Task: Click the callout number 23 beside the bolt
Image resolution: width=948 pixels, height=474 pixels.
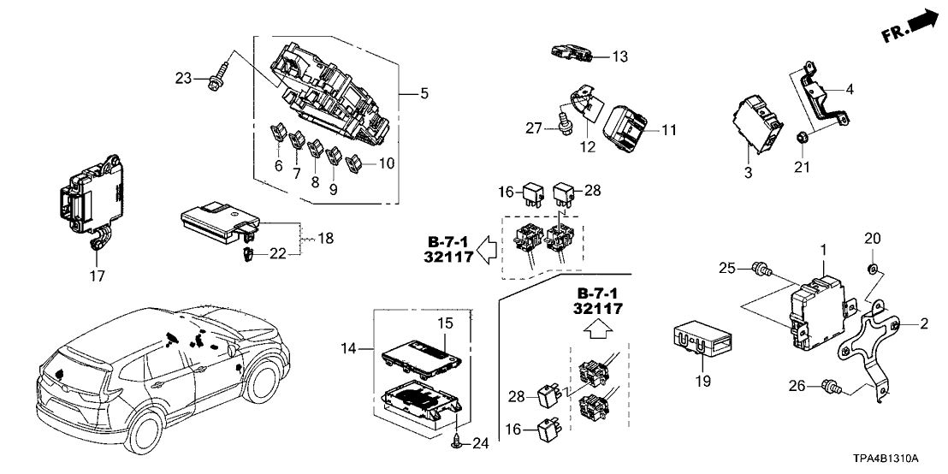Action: (x=184, y=79)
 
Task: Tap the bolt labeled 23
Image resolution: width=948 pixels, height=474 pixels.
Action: (x=218, y=76)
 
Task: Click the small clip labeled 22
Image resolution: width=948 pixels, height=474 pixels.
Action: (x=246, y=253)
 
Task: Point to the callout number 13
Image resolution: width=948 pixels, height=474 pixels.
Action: (x=619, y=56)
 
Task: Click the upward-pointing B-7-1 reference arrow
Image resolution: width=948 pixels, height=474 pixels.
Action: (x=598, y=326)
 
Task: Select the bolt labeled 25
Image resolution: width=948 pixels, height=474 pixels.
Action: (x=760, y=271)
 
